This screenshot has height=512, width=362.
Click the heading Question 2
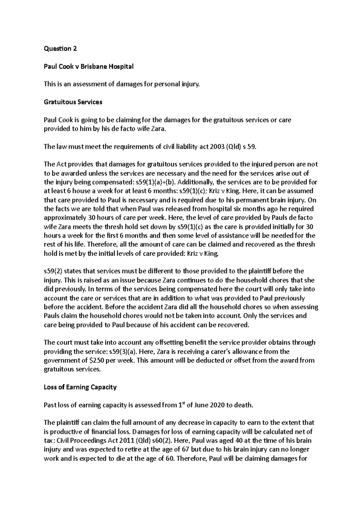[60, 49]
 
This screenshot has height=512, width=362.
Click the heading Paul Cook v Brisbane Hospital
[88, 67]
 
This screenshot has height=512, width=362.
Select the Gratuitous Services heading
[73, 102]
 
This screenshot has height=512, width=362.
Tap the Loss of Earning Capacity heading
[80, 387]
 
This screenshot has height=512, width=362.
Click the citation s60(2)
[161, 441]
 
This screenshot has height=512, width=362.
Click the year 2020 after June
[214, 405]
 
